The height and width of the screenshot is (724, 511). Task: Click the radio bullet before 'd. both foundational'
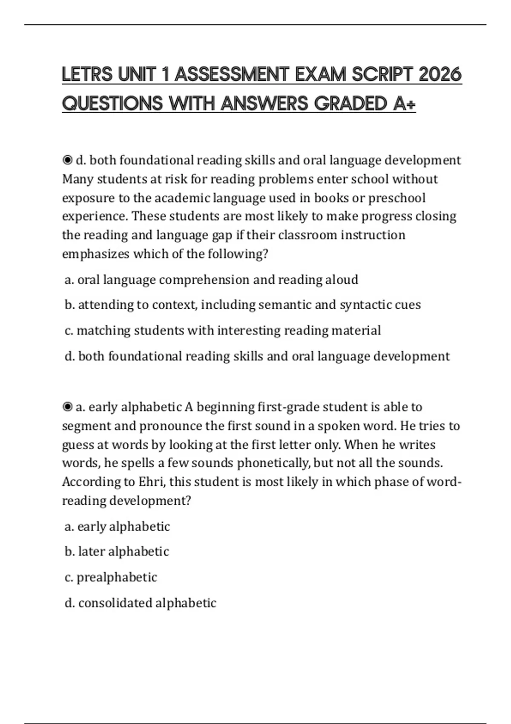click(67, 160)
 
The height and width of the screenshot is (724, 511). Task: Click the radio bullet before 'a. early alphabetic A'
click(67, 407)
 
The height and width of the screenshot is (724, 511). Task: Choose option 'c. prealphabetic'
click(111, 577)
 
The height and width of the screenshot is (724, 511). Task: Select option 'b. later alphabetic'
click(117, 552)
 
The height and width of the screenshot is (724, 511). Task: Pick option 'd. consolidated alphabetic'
click(141, 603)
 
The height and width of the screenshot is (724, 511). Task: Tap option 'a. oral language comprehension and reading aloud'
click(211, 279)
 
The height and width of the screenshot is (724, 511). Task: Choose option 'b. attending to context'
click(243, 305)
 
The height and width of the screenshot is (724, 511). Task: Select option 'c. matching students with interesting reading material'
click(223, 330)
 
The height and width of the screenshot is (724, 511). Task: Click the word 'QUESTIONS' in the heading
click(112, 103)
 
